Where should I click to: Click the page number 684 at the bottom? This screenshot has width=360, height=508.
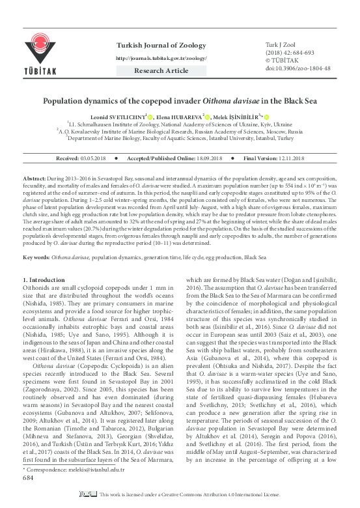(x=28, y=495)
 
